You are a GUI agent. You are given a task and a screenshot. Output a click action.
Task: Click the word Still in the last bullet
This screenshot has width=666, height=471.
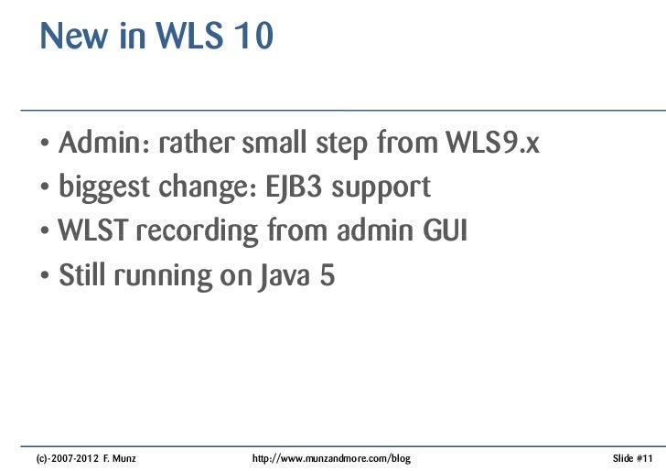click(x=81, y=275)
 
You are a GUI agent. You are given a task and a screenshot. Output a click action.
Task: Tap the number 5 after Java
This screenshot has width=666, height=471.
click(x=327, y=275)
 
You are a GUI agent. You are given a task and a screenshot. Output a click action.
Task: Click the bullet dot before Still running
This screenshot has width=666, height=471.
click(x=45, y=277)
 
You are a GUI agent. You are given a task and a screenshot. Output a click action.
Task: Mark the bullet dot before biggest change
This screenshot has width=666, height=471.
click(x=45, y=190)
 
